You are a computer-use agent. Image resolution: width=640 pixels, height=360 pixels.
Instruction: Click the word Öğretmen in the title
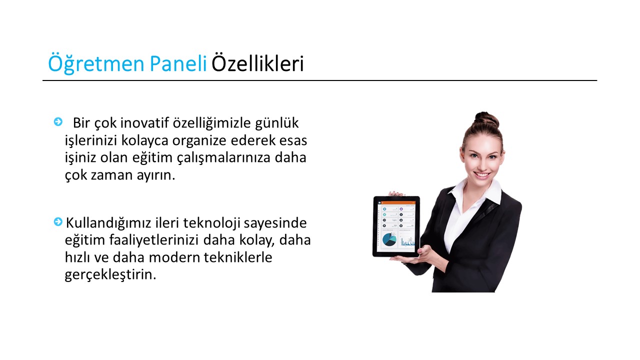96,63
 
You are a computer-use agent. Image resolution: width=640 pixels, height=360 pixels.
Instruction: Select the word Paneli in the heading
178,63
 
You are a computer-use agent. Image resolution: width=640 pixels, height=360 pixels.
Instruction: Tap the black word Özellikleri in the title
257,63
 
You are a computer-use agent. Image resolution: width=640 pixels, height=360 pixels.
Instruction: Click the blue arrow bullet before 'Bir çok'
58,121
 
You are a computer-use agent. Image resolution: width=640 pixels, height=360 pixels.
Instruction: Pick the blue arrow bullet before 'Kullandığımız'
58,221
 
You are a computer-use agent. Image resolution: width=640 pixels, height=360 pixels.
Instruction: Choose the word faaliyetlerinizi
153,240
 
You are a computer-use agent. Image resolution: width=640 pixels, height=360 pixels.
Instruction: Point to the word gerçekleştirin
110,275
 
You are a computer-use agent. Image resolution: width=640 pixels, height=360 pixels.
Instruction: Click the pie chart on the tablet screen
389,239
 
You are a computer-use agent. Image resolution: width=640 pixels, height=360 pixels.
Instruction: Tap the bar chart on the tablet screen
407,241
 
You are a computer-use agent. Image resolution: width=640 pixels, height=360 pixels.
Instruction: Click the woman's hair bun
487,119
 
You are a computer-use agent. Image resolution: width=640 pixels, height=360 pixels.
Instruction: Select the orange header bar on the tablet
396,202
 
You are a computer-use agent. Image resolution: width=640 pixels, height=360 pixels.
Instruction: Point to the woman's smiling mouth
482,175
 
